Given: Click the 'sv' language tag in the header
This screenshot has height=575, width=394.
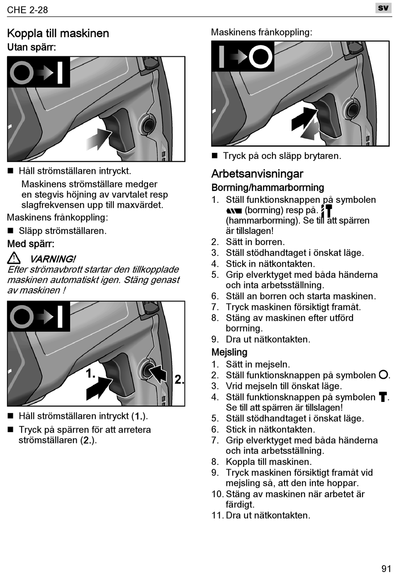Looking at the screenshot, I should coord(383,8).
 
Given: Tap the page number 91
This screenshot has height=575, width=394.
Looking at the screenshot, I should coord(386,568).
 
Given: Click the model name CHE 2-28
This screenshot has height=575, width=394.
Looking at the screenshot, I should coord(27,10).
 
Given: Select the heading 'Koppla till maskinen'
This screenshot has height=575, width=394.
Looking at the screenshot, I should coord(58,34).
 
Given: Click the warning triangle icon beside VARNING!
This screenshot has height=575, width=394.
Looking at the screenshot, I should coord(14,259).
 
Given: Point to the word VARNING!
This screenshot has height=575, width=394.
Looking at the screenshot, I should coord(53,259).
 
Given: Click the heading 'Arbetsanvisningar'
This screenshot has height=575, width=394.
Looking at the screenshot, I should coord(257,174).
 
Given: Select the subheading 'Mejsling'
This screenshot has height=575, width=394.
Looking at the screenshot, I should coord(229,352).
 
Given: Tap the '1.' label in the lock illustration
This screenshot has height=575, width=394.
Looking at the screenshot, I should coord(90,374).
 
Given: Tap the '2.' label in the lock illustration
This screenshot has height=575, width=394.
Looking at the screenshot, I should coord(179,380).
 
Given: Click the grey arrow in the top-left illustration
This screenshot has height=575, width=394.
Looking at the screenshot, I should coord(99,138).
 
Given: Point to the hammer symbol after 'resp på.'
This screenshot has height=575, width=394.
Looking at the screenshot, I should coord(327,210).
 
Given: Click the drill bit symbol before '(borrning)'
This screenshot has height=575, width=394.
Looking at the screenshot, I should coord(234,211).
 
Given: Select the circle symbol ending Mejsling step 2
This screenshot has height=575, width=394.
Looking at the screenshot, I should coord(383,375).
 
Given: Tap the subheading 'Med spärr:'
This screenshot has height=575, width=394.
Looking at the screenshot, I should coord(31,244).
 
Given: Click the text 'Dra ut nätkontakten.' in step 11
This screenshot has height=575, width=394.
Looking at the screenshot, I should coord(268,515).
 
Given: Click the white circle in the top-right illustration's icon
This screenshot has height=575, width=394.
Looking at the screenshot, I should coord(260,56).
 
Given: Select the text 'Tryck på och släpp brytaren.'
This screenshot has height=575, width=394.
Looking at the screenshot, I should coord(282,156).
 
